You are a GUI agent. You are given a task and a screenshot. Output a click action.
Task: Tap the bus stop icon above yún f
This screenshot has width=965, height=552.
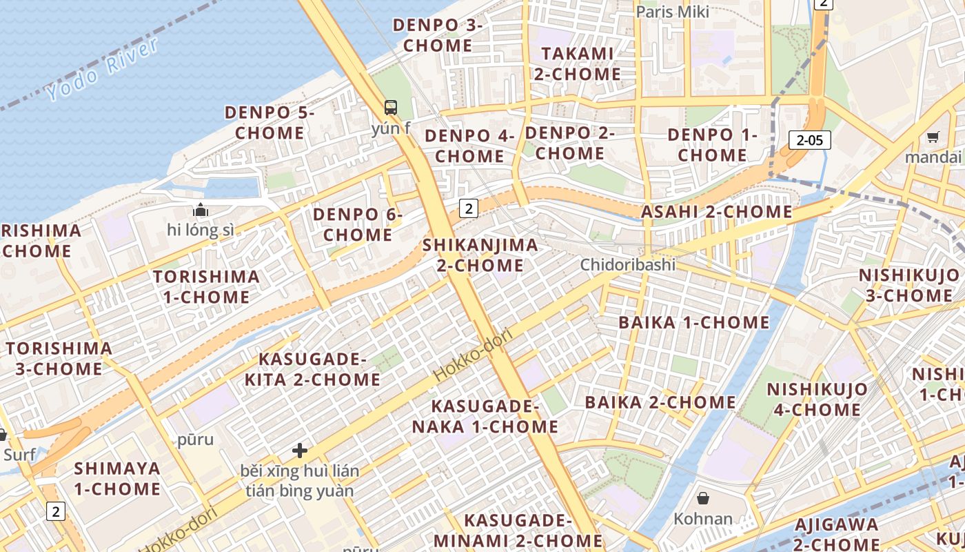[391, 108]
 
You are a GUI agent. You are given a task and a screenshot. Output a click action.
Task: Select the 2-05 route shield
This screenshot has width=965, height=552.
[809, 140]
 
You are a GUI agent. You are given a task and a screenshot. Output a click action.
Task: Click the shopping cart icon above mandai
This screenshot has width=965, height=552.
[933, 137]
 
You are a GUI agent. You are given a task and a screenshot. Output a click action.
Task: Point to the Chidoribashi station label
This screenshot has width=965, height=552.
[627, 264]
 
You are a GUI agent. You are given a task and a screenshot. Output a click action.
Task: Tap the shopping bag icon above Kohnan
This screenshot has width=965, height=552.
[703, 497]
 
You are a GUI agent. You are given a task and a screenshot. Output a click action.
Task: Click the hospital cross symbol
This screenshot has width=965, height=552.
[300, 451]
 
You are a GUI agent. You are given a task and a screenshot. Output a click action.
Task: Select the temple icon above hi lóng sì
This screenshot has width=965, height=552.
[201, 210]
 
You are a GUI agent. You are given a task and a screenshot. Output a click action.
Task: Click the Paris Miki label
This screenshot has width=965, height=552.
[672, 12]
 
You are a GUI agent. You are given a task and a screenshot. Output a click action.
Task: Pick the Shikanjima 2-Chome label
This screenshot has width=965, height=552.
[480, 255]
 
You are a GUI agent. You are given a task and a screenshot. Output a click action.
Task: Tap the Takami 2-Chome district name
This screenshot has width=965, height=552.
[577, 63]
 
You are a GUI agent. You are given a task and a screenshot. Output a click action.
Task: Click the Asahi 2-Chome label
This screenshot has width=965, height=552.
[717, 212]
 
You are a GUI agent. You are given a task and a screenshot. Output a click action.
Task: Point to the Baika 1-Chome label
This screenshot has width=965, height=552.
[693, 322]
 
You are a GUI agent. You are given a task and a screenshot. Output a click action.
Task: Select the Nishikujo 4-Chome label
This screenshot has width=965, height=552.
[817, 399]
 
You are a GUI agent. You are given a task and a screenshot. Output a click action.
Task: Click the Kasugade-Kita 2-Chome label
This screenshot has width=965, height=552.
[313, 369]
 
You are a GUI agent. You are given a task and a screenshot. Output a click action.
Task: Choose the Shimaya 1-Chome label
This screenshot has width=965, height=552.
[117, 479]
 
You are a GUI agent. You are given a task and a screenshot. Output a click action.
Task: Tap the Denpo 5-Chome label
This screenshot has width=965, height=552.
[269, 122]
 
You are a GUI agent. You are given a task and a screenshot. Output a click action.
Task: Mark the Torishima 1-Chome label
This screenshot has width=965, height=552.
[206, 287]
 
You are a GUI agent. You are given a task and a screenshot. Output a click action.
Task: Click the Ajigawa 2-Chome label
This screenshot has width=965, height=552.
[836, 534]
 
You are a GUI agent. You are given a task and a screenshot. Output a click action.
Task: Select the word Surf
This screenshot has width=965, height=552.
[19, 455]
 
